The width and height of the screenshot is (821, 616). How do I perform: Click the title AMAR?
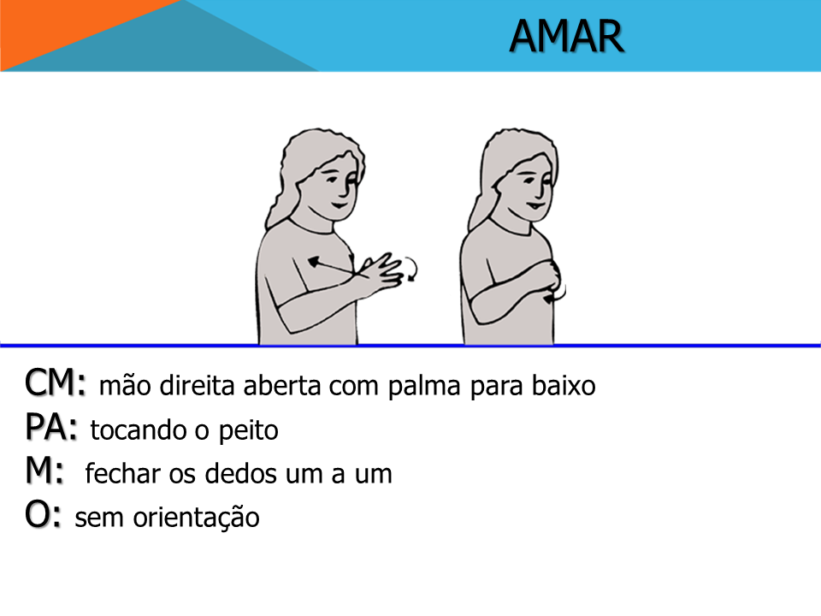coord(566,36)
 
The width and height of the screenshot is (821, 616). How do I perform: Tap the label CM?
coord(55,382)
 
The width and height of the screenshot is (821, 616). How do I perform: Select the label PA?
coord(50,427)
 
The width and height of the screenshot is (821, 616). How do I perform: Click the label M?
coord(44,471)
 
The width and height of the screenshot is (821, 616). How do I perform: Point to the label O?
coord(43,514)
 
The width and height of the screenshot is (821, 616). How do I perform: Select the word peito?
coord(248,431)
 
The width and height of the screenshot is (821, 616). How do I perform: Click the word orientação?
coord(196,518)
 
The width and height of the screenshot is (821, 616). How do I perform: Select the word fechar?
coord(122,473)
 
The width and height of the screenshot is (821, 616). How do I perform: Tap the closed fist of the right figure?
coord(549,276)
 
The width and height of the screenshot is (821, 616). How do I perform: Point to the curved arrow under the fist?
coord(558,297)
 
